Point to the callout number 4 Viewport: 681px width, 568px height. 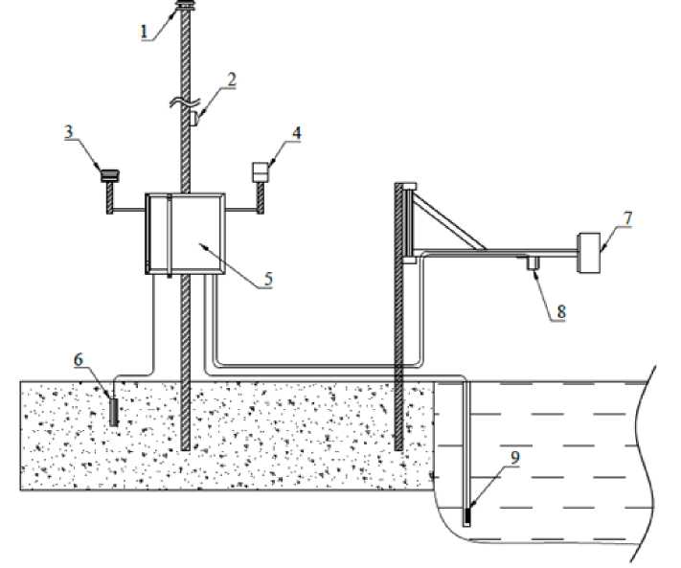(x=298, y=132)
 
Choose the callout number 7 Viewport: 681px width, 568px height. (x=628, y=216)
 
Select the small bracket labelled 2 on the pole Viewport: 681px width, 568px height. (x=193, y=118)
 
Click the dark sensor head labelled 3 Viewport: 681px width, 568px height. (x=108, y=174)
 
